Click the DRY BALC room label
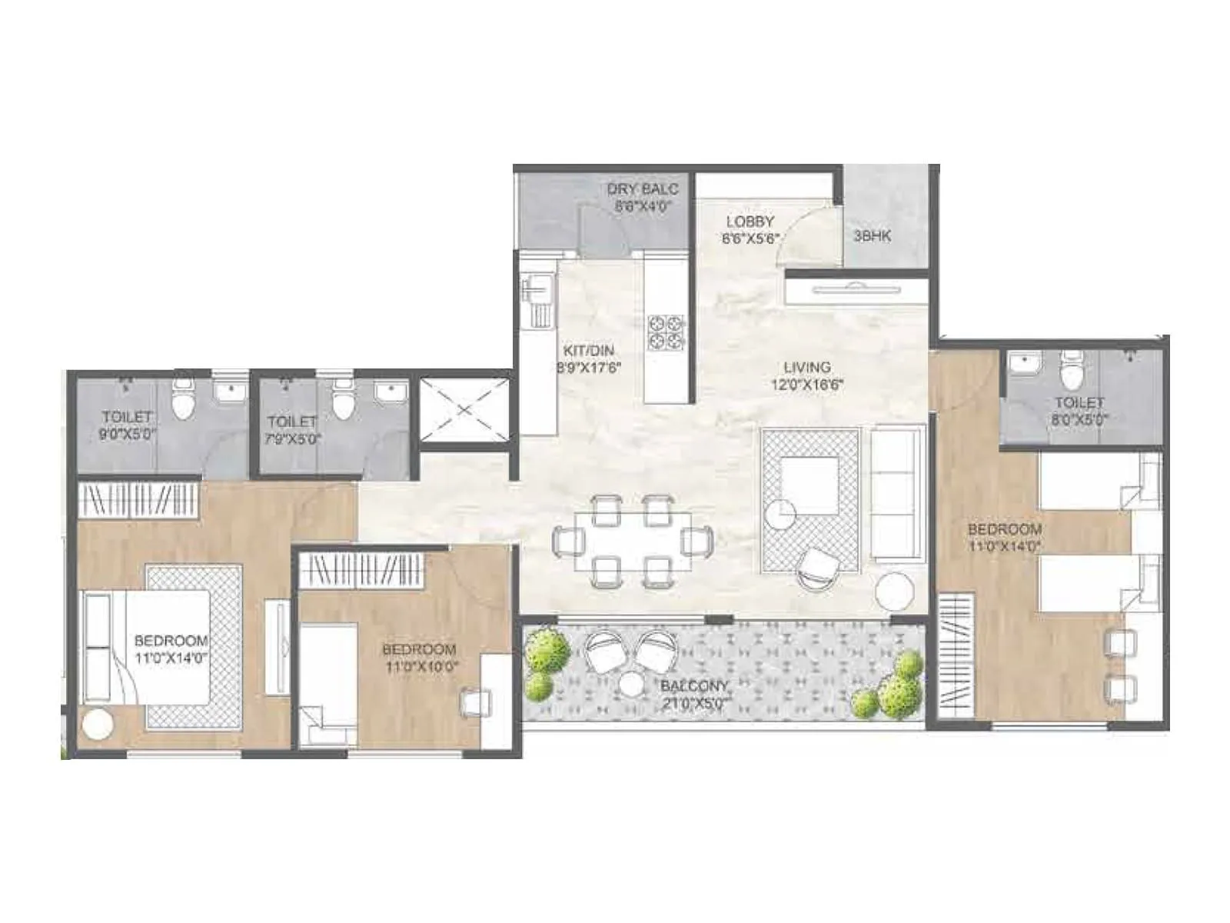click(642, 197)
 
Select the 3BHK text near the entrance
click(872, 236)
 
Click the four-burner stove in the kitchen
click(665, 332)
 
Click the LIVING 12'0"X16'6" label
click(807, 375)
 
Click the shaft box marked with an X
click(464, 410)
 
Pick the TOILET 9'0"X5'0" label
click(128, 425)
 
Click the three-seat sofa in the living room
click(897, 492)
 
